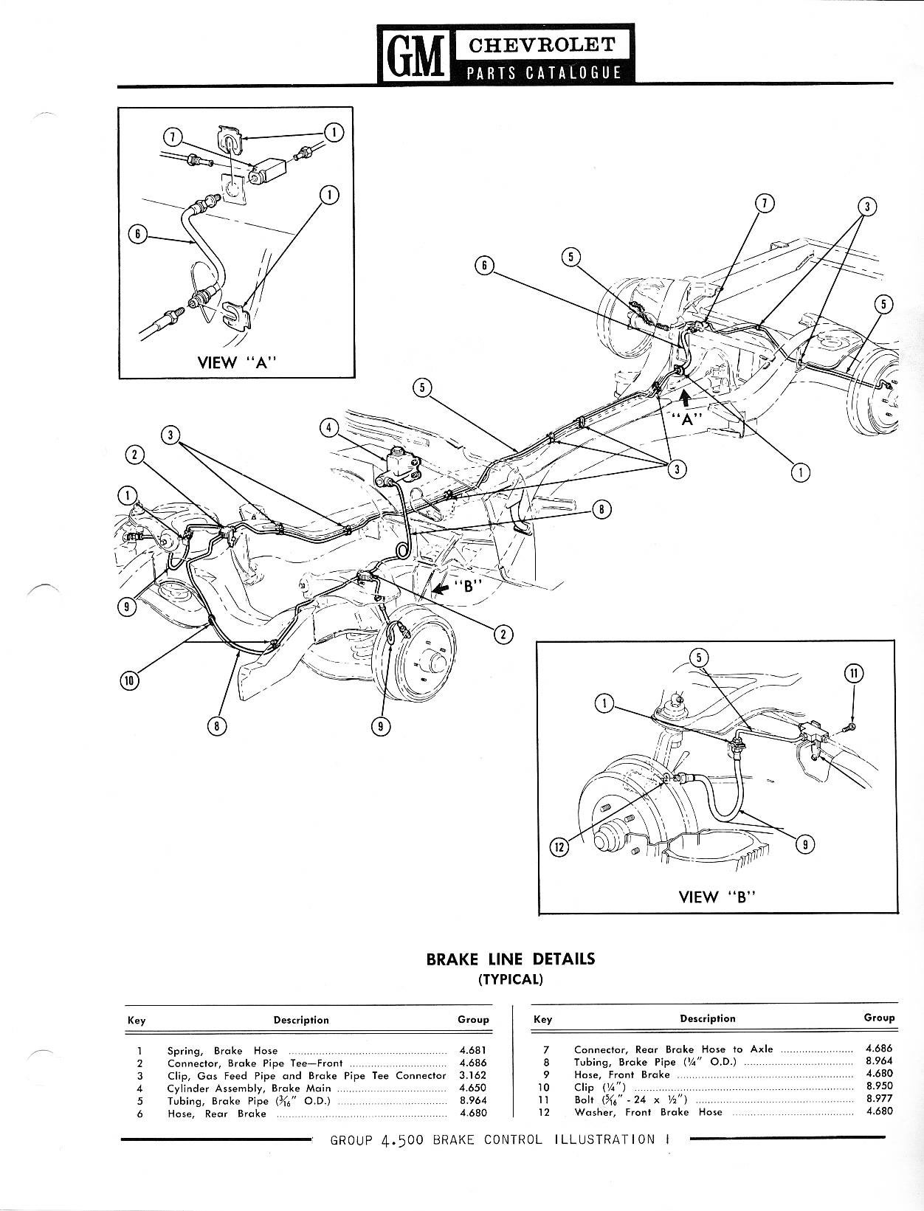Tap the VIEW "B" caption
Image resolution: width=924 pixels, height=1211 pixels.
pyautogui.click(x=719, y=897)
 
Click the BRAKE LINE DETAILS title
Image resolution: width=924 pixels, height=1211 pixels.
pyautogui.click(x=510, y=959)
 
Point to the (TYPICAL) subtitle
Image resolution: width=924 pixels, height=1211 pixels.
pyautogui.click(x=510, y=979)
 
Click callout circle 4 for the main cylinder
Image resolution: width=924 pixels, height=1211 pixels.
pyautogui.click(x=329, y=427)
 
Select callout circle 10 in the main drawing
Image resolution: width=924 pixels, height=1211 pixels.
pyautogui.click(x=129, y=680)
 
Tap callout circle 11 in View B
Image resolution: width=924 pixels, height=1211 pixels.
pyautogui.click(x=853, y=673)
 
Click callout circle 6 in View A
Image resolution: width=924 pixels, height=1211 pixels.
pyautogui.click(x=136, y=235)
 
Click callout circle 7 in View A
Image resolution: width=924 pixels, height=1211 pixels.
pyautogui.click(x=172, y=137)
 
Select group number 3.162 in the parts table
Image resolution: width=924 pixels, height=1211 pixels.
pyautogui.click(x=473, y=1075)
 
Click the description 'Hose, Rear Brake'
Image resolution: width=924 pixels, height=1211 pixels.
pyautogui.click(x=216, y=1114)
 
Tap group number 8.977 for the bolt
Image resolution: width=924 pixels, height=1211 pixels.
pyautogui.click(x=879, y=1099)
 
